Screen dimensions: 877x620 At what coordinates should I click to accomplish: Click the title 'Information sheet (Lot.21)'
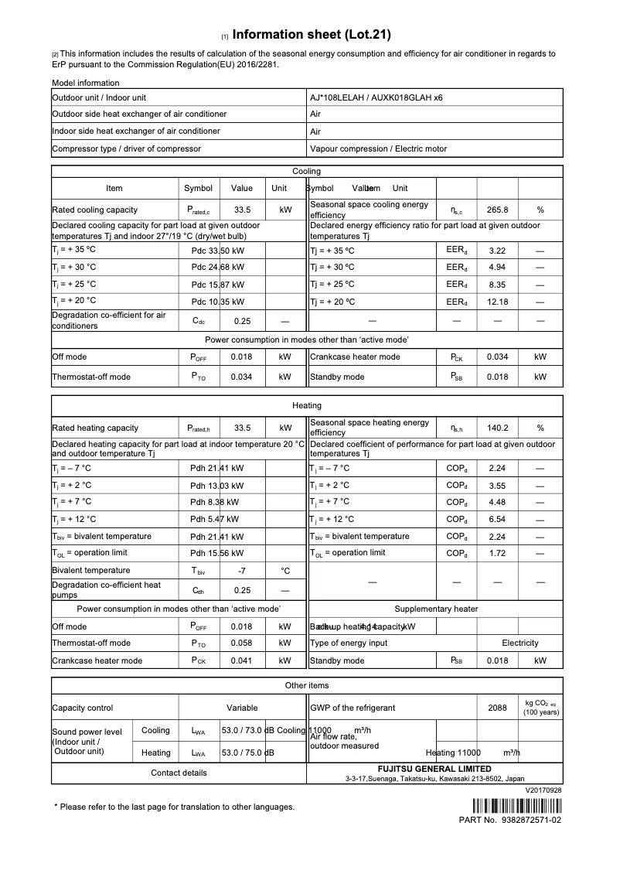click(312, 35)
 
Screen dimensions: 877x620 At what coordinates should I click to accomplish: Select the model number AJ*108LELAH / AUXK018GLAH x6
click(376, 98)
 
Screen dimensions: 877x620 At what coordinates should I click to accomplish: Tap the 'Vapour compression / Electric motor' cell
click(378, 148)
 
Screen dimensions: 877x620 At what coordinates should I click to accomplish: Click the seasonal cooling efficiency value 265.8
click(497, 210)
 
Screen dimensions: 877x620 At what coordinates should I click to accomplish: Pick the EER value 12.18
click(497, 302)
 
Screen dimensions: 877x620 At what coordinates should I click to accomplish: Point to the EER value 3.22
click(497, 251)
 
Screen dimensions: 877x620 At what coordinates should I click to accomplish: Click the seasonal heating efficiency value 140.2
click(497, 428)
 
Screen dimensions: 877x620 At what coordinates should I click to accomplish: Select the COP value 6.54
click(497, 520)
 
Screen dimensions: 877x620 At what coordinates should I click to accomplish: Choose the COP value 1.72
click(497, 553)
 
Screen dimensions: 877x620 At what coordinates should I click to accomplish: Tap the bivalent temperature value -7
click(242, 571)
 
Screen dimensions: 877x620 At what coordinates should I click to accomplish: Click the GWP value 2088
click(497, 708)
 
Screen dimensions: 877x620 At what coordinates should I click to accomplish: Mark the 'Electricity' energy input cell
click(520, 643)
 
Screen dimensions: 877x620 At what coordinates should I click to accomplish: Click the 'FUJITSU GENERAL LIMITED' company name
click(434, 769)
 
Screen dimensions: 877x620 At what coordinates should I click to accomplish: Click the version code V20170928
click(543, 790)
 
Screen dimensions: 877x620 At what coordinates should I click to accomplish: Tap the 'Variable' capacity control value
click(242, 708)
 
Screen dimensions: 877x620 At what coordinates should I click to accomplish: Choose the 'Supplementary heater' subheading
click(436, 609)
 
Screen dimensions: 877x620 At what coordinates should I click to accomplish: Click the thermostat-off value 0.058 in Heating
click(242, 643)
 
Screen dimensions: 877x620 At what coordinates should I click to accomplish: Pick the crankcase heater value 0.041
click(242, 661)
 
